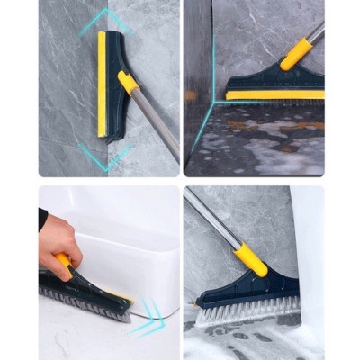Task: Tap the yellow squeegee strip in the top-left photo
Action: [x=102, y=85]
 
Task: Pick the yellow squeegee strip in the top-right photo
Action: [x=274, y=94]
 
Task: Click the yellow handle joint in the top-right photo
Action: [x=297, y=53]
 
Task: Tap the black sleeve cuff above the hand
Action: [x=42, y=219]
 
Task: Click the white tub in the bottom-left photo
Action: [x=121, y=252]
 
